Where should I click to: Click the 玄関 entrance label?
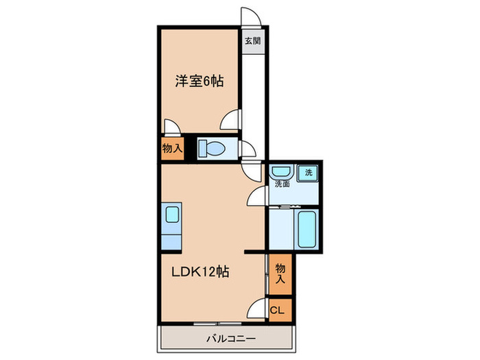[252, 40]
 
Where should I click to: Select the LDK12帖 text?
[200, 272]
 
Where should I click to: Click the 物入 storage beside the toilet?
[172, 148]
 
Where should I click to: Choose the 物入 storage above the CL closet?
[280, 273]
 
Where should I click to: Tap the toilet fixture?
[215, 148]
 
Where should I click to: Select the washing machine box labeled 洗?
[308, 173]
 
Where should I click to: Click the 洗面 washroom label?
[282, 184]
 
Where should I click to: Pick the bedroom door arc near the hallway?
[231, 122]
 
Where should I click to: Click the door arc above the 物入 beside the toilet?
[171, 126]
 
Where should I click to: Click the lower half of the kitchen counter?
[171, 239]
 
